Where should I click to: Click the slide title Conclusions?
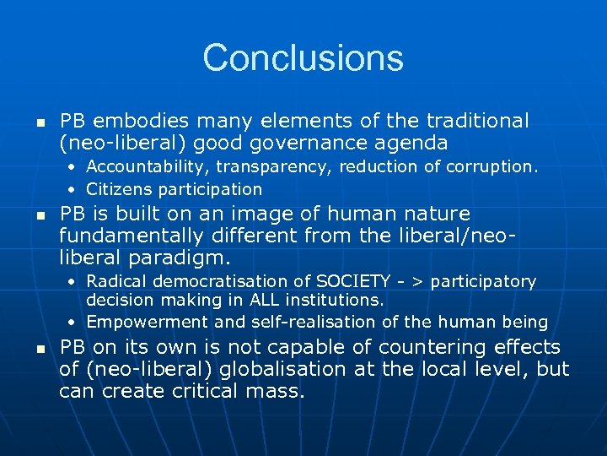(x=303, y=58)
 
